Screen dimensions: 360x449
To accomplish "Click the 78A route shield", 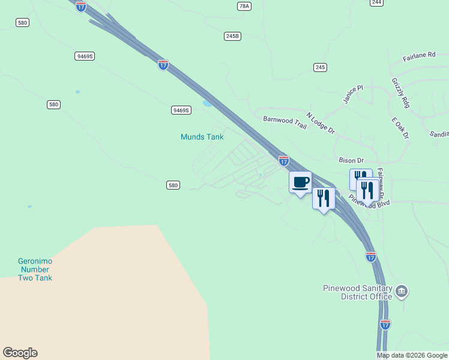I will (244, 6).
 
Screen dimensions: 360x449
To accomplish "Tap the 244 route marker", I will (376, 2).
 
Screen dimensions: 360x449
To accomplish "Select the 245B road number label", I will (232, 36).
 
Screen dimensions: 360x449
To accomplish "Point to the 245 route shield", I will (320, 67).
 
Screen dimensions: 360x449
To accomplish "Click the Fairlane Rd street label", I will (419, 56).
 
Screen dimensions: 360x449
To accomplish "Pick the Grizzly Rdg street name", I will (400, 93).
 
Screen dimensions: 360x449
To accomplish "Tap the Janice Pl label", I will (353, 94).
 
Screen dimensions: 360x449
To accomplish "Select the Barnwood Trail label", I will (285, 122).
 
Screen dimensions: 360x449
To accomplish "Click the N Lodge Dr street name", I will (320, 123).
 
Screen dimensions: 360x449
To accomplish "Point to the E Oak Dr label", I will (400, 128).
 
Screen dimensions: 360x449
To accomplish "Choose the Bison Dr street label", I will (351, 160).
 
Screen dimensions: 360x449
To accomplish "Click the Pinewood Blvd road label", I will (372, 203).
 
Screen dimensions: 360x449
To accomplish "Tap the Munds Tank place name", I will (202, 137).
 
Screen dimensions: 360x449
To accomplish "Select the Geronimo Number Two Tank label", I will (35, 270).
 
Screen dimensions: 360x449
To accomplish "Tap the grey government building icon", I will (402, 292).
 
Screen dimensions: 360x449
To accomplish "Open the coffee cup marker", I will (300, 182).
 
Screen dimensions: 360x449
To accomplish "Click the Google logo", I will (20, 353).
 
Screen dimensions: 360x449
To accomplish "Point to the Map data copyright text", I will (412, 355).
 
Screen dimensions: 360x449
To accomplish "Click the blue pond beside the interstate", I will (208, 103).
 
